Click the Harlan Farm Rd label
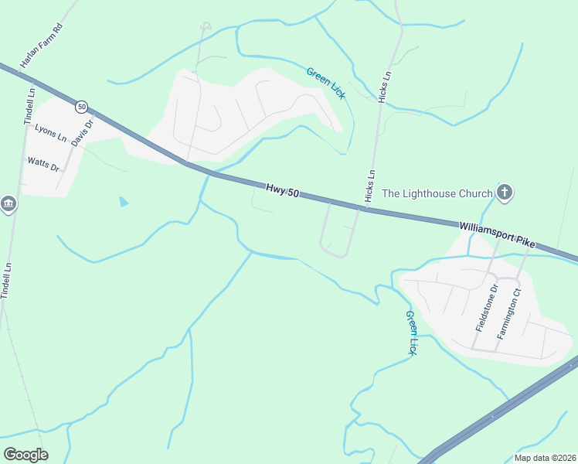[41, 46]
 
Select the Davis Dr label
[82, 132]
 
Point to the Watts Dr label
[43, 164]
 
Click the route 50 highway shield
[82, 106]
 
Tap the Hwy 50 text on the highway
[282, 189]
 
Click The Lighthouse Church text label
[437, 193]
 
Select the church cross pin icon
[505, 192]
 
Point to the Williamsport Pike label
[497, 234]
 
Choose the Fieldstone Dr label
[486, 308]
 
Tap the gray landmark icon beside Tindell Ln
[8, 204]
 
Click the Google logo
[26, 455]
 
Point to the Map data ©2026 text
[545, 458]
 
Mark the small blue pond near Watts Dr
[124, 202]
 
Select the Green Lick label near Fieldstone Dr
[412, 333]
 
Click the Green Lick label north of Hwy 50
[325, 83]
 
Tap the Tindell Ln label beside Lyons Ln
[29, 107]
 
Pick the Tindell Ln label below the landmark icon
[7, 280]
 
